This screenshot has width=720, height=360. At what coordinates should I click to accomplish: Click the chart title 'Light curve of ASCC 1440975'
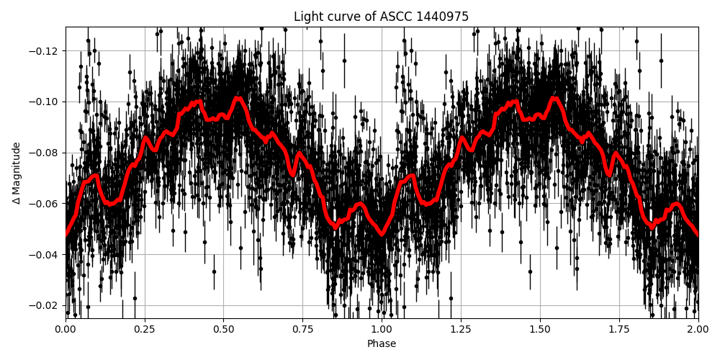pyautogui.click(x=381, y=17)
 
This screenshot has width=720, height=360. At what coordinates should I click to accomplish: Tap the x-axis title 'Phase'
pyautogui.click(x=381, y=344)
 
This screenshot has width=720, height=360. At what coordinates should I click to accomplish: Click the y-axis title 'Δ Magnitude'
pyautogui.click(x=17, y=173)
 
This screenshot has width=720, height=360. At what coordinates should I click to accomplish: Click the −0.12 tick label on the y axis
pyautogui.click(x=45, y=51)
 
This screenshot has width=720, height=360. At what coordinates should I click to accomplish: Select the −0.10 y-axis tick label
pyautogui.click(x=45, y=102)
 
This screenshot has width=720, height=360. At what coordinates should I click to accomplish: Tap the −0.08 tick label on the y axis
pyautogui.click(x=45, y=153)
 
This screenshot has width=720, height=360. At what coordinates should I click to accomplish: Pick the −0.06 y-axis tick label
pyautogui.click(x=45, y=204)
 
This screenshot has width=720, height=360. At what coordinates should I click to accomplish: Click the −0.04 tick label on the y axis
pyautogui.click(x=45, y=255)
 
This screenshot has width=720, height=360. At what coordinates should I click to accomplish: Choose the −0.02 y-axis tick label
pyautogui.click(x=45, y=305)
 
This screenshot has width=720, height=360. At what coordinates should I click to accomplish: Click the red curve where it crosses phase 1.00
pyautogui.click(x=382, y=234)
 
